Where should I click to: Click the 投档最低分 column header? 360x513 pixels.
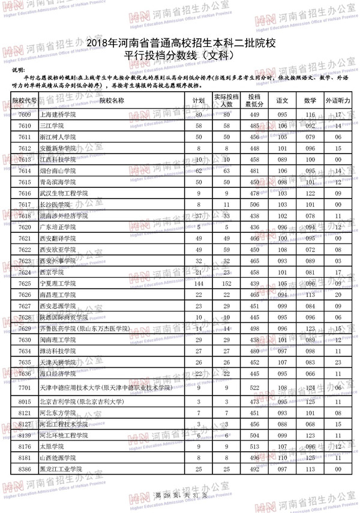pyautogui.click(x=254, y=100)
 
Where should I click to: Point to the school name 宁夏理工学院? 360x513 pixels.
pyautogui.click(x=58, y=283)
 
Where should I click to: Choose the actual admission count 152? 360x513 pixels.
pyautogui.click(x=226, y=283)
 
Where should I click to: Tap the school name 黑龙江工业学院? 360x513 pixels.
pyautogui.click(x=61, y=468)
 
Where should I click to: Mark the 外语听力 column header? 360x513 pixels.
pyautogui.click(x=338, y=100)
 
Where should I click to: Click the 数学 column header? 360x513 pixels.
pyautogui.click(x=310, y=100)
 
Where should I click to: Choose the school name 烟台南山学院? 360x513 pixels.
pyautogui.click(x=58, y=171)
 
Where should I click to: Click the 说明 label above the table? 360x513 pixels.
pyautogui.click(x=19, y=71)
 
